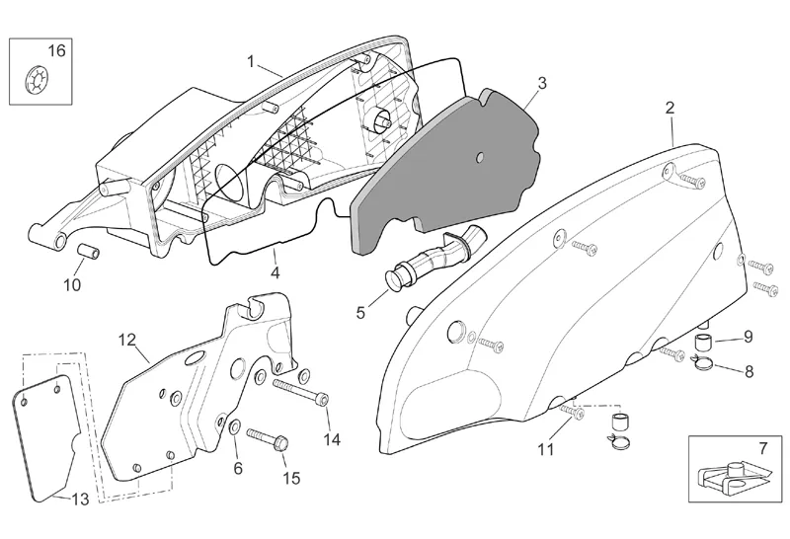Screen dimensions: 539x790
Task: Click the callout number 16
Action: pyautogui.click(x=56, y=51)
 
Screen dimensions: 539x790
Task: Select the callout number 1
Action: pyautogui.click(x=251, y=61)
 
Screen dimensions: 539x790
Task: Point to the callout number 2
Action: pyautogui.click(x=671, y=107)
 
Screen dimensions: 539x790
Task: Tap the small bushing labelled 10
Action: pyautogui.click(x=87, y=255)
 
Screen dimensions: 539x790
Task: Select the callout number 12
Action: pyautogui.click(x=126, y=340)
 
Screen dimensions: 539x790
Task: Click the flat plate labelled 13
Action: pyautogui.click(x=49, y=434)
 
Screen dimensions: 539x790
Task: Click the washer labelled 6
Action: pyautogui.click(x=233, y=426)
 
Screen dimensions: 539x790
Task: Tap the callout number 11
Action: pyautogui.click(x=545, y=451)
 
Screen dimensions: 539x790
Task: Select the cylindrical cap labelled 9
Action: pyautogui.click(x=705, y=344)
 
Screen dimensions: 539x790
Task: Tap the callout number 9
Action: pyautogui.click(x=749, y=336)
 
